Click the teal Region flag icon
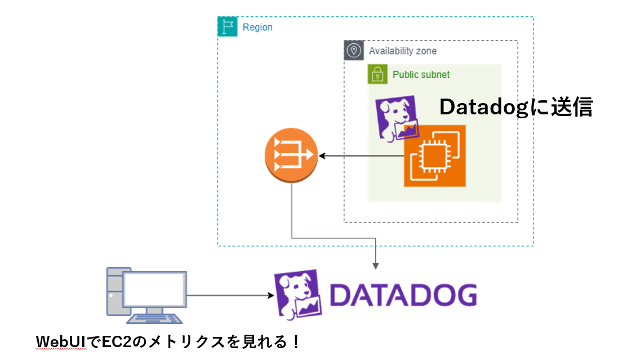pyautogui.click(x=228, y=26)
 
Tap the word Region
pyautogui.click(x=257, y=27)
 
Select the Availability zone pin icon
pyautogui.click(x=354, y=51)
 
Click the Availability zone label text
pyautogui.click(x=403, y=51)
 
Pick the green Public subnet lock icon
pyautogui.click(x=377, y=74)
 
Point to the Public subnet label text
pyautogui.click(x=421, y=74)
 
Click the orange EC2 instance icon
pyautogui.click(x=435, y=155)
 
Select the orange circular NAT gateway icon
pyautogui.click(x=291, y=155)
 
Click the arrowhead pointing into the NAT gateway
pyautogui.click(x=322, y=156)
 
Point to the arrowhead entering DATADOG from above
pyautogui.click(x=376, y=266)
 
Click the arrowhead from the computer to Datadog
pyautogui.click(x=271, y=295)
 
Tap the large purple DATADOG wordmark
pyautogui.click(x=403, y=295)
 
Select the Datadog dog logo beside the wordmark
pyautogui.click(x=298, y=294)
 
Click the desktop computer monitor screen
pyautogui.click(x=154, y=289)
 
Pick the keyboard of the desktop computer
pyautogui.click(x=155, y=318)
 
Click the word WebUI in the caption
pyautogui.click(x=61, y=342)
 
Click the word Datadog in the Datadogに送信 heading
pyautogui.click(x=483, y=107)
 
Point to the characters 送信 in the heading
pyautogui.click(x=572, y=107)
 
